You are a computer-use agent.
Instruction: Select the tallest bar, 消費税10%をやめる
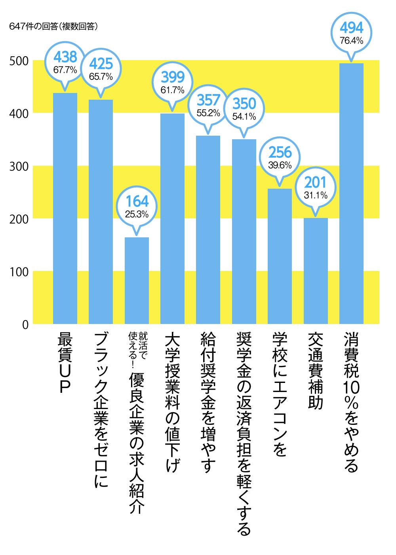352,194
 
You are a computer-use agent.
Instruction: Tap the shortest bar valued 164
137,281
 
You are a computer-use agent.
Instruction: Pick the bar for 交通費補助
316,271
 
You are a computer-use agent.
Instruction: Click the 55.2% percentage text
208,113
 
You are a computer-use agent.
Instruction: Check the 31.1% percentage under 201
315,195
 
